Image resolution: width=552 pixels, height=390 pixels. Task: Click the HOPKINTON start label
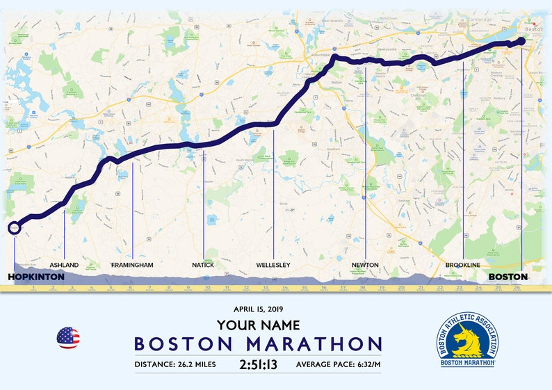(x=35, y=277)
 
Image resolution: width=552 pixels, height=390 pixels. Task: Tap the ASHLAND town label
(x=64, y=266)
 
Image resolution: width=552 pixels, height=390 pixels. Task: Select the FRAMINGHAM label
(x=132, y=266)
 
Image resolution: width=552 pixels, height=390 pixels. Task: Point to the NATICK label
(x=204, y=266)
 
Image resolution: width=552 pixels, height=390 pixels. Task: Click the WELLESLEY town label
(x=273, y=266)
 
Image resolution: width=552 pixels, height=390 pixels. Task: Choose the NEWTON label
(x=365, y=266)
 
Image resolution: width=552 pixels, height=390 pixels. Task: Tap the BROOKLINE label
(x=463, y=266)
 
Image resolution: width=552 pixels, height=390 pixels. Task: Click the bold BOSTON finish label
(x=508, y=277)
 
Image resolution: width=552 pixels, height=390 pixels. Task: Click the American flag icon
(x=68, y=338)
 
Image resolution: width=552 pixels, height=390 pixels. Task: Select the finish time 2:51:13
(x=258, y=364)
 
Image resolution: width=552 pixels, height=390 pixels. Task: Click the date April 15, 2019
(x=258, y=309)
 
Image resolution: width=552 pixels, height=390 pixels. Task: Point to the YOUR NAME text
(x=258, y=325)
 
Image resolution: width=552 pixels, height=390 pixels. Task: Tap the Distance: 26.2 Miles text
(x=175, y=364)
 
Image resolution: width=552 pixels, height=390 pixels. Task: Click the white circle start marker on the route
(x=14, y=227)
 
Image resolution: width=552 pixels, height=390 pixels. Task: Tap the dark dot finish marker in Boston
(x=521, y=42)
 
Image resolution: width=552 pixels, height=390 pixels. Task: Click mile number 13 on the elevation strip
(x=265, y=287)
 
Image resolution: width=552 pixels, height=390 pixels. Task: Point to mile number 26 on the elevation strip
(x=517, y=287)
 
